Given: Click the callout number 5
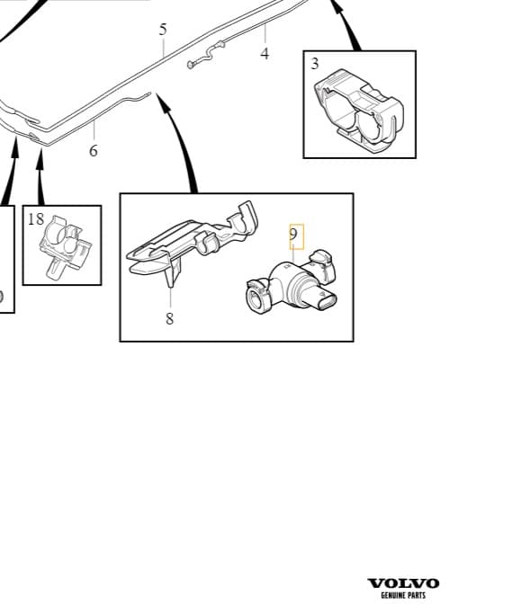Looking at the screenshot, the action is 163,30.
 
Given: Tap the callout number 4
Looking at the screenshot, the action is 265,54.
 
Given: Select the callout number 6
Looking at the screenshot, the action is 94,151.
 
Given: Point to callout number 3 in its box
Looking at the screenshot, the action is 315,64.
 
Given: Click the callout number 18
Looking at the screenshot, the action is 36,218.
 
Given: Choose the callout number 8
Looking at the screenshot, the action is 170,318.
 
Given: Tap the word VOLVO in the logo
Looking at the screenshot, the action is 403,583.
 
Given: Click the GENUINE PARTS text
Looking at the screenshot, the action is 403,595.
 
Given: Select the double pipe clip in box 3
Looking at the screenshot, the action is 360,111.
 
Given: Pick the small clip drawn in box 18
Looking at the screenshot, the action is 65,246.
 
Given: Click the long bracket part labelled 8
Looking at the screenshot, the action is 193,243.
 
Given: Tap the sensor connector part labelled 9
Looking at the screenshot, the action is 292,282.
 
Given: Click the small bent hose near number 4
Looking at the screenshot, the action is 206,55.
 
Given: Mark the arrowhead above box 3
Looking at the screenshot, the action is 338,7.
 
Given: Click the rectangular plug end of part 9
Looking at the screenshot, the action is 326,301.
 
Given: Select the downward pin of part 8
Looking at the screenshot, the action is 171,277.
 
